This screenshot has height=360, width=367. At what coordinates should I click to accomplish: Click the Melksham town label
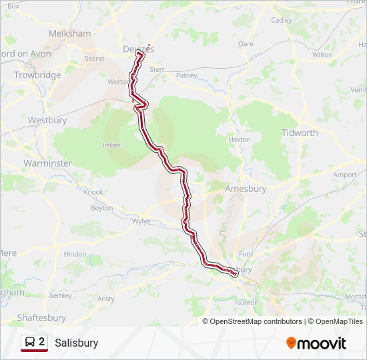pyautogui.click(x=69, y=33)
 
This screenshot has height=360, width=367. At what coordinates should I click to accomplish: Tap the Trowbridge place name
pyautogui.click(x=37, y=75)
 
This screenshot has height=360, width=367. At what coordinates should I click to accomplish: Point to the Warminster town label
pyautogui.click(x=47, y=163)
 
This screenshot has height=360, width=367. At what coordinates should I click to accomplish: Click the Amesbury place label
pyautogui.click(x=246, y=189)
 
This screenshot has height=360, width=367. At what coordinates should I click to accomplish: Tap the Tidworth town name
pyautogui.click(x=300, y=133)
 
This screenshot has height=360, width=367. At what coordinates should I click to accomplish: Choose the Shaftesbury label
pyautogui.click(x=41, y=318)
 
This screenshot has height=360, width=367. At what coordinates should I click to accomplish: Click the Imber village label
pyautogui.click(x=112, y=145)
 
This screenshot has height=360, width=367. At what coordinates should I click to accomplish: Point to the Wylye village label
pyautogui.click(x=142, y=221)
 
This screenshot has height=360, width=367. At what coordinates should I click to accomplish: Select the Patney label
pyautogui.click(x=187, y=75)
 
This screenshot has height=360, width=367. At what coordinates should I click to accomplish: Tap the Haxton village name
pyautogui.click(x=240, y=139)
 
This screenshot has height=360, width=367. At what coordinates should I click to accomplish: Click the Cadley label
pyautogui.click(x=282, y=20)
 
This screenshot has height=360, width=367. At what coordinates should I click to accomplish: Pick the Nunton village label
pyautogui.click(x=246, y=303)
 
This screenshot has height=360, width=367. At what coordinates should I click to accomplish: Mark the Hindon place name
pyautogui.click(x=75, y=254)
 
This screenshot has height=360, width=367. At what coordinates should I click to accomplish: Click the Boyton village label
pyautogui.click(x=102, y=208)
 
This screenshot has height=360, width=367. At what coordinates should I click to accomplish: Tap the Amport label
pyautogui.click(x=345, y=175)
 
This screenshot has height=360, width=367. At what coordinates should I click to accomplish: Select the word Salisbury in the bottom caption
pyautogui.click(x=77, y=343)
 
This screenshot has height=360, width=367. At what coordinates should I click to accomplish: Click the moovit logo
pyautogui.click(x=316, y=343)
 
